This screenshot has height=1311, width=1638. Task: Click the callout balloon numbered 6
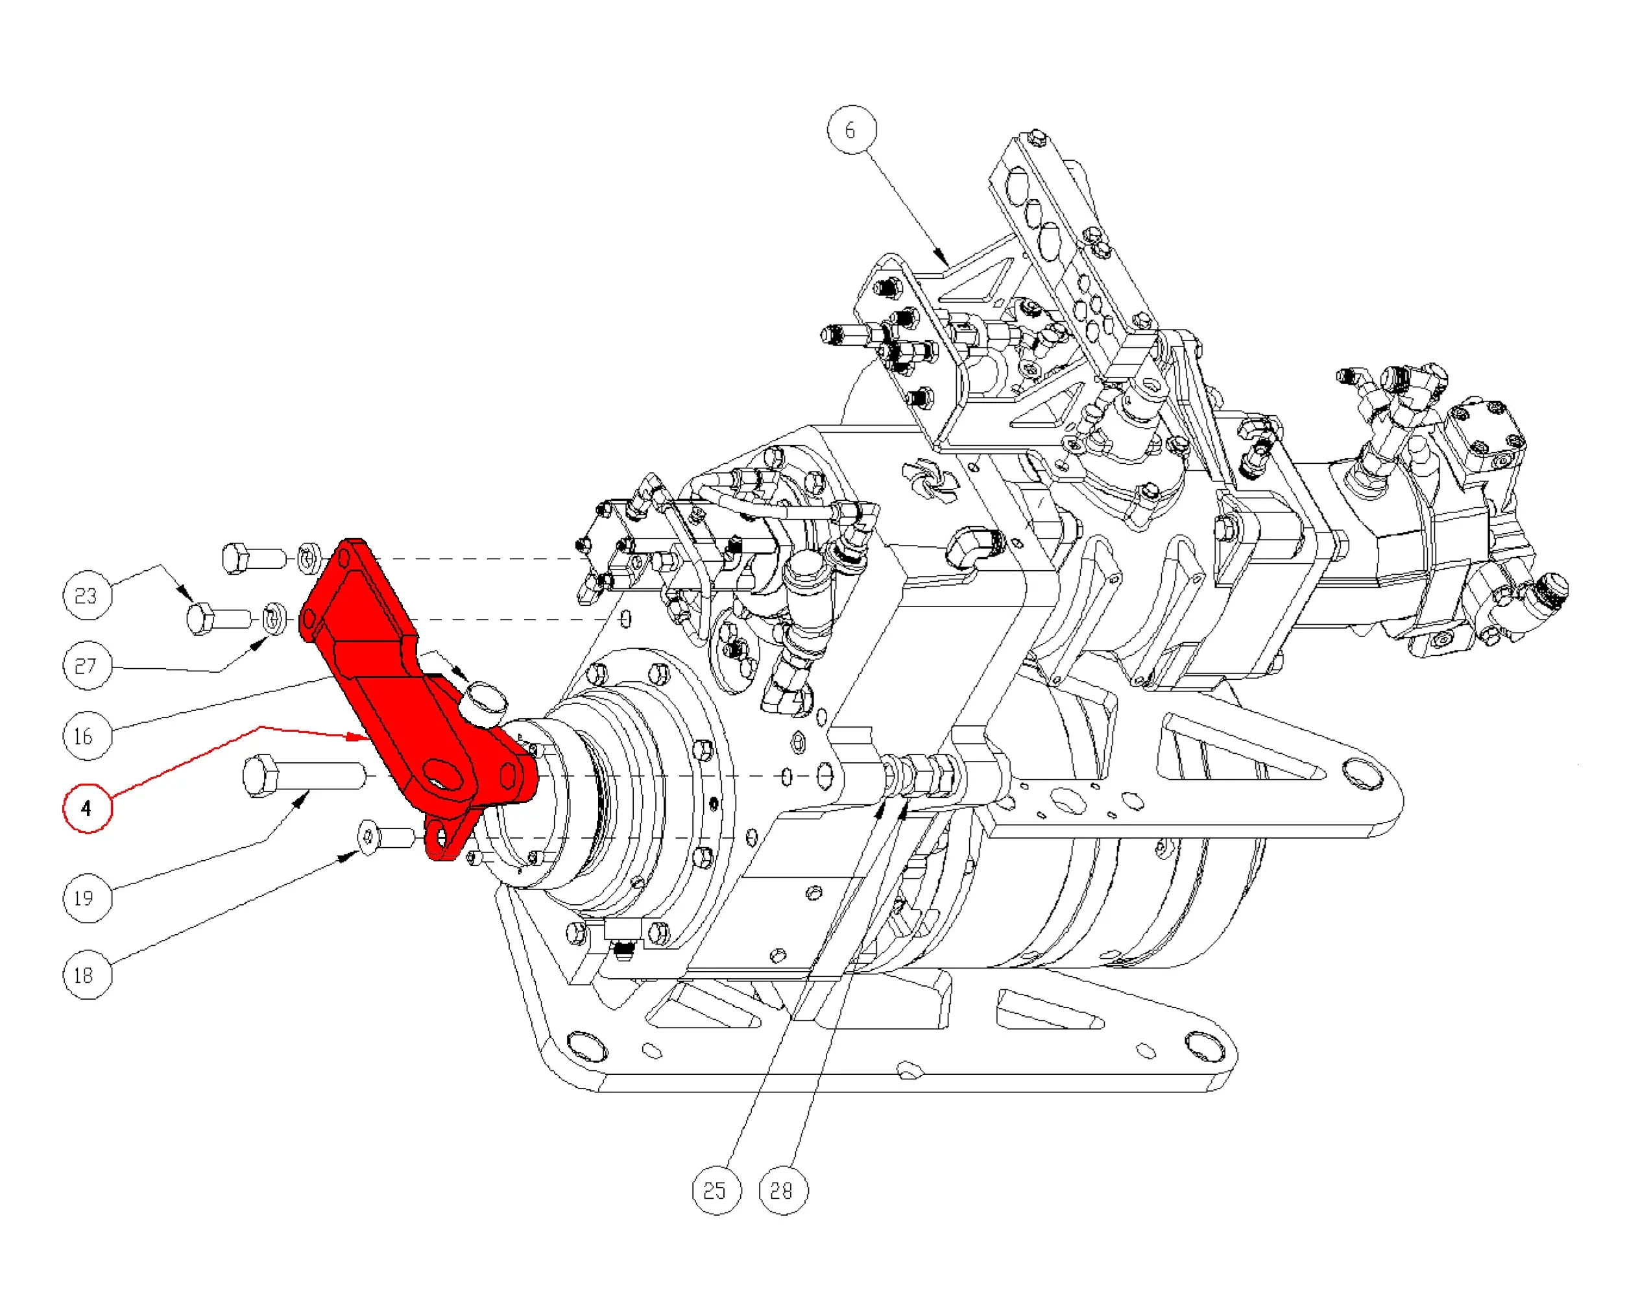[x=851, y=130]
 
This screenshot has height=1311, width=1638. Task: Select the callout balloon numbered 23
[x=87, y=595]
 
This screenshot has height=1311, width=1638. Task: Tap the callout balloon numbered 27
[x=87, y=666]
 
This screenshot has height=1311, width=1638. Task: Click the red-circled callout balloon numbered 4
[x=87, y=808]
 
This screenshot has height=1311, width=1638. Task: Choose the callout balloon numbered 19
[x=87, y=898]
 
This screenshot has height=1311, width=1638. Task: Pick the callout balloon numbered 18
[x=87, y=974]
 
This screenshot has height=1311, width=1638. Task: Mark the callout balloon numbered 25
[x=716, y=1190]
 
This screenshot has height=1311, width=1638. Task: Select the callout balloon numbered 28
[x=783, y=1190]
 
